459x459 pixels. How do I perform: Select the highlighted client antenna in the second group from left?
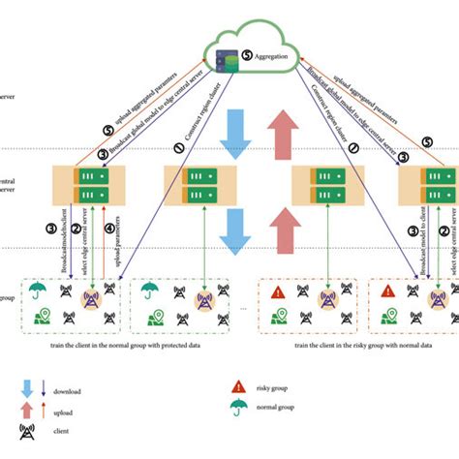click(x=204, y=302)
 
